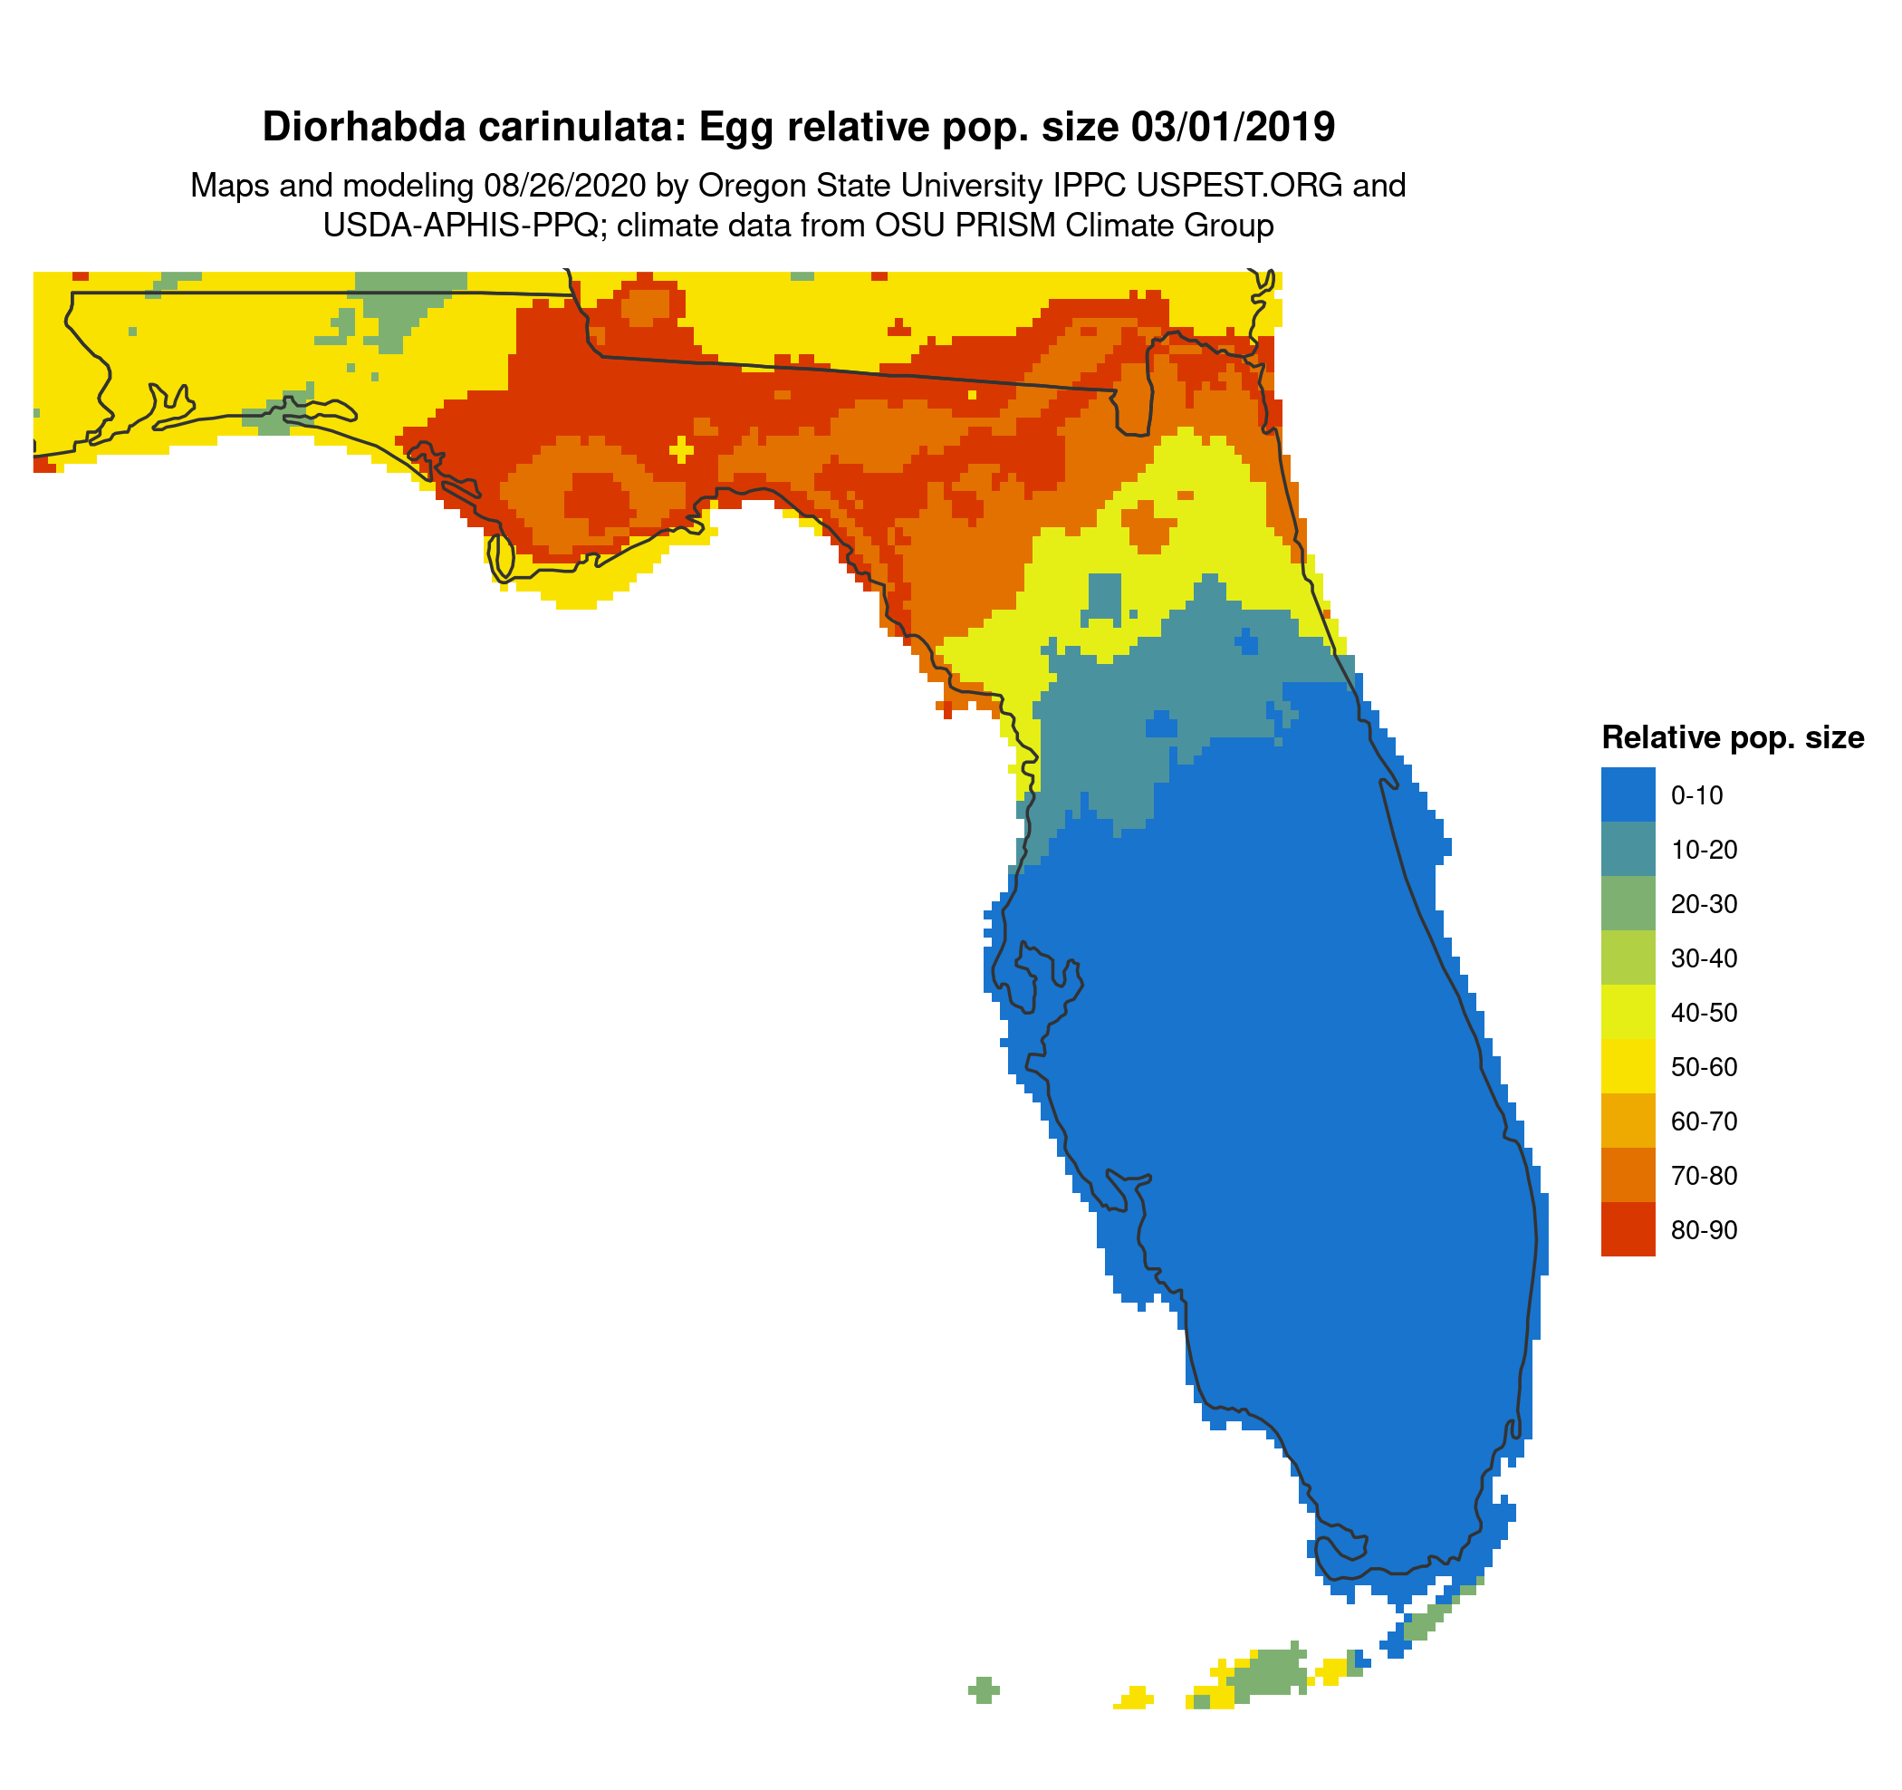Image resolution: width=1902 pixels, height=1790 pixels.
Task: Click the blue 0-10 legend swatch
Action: tap(1628, 794)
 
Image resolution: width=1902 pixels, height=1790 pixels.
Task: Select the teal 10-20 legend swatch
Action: tap(1628, 849)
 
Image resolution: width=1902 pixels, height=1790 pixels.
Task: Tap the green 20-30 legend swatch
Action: tap(1628, 903)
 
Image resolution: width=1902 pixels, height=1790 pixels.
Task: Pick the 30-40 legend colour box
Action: tap(1628, 958)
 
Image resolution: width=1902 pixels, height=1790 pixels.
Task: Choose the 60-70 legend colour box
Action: tap(1628, 1121)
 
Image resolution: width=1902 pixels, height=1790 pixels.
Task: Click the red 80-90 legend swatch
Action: tap(1628, 1229)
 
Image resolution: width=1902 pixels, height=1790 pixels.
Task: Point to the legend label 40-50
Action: tap(1704, 1012)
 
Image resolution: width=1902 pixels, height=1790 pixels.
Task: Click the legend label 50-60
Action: tap(1704, 1067)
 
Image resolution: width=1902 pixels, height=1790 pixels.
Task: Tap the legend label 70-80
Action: tap(1704, 1176)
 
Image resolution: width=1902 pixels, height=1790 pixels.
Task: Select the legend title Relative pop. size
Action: tap(1732, 737)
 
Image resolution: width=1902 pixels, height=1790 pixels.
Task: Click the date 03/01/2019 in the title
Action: tap(1233, 127)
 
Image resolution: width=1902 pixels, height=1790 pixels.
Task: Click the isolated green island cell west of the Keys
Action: tap(984, 1689)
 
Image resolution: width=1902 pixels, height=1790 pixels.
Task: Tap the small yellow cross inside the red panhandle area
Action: tap(682, 447)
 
